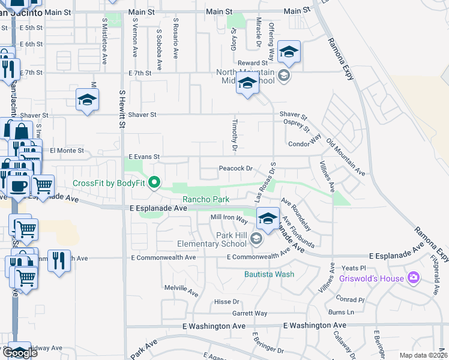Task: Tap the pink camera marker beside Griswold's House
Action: tap(413, 277)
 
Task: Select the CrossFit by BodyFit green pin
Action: tap(154, 182)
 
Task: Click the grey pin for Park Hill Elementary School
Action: tap(256, 239)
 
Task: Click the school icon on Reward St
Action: tap(289, 53)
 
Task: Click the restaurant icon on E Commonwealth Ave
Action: tap(59, 261)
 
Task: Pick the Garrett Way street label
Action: tap(250, 313)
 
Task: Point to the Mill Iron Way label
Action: tap(229, 217)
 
